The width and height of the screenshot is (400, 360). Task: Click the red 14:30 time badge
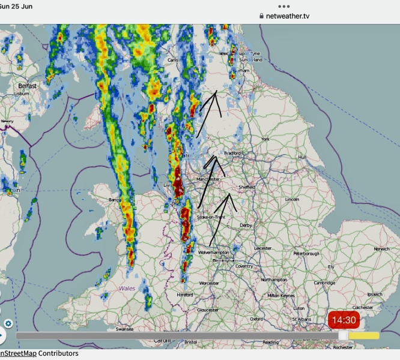pyautogui.click(x=345, y=320)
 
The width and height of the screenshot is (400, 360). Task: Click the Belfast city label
pyautogui.click(x=27, y=86)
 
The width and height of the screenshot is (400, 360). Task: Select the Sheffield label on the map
pyautogui.click(x=246, y=187)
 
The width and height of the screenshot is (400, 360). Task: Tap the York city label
pyautogui.click(x=265, y=139)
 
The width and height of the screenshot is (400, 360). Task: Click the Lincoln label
pyautogui.click(x=292, y=199)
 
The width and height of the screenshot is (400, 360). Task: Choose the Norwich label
pyautogui.click(x=381, y=249)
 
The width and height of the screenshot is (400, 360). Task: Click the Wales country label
pyautogui.click(x=127, y=289)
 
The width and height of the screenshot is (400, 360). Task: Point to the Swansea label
pyautogui.click(x=124, y=329)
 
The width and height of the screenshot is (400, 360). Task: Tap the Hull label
pyautogui.click(x=302, y=157)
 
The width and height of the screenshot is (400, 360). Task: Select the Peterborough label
pyautogui.click(x=306, y=254)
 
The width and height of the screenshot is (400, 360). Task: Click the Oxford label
pyautogui.click(x=256, y=319)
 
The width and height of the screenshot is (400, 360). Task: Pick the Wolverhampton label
pyautogui.click(x=214, y=253)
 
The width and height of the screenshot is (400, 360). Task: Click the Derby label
pyautogui.click(x=246, y=226)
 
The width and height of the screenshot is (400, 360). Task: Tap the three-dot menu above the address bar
pyautogui.click(x=285, y=6)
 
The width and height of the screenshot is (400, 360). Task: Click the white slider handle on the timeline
pyautogui.click(x=343, y=335)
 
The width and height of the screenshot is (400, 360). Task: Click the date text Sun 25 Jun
pyautogui.click(x=16, y=7)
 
